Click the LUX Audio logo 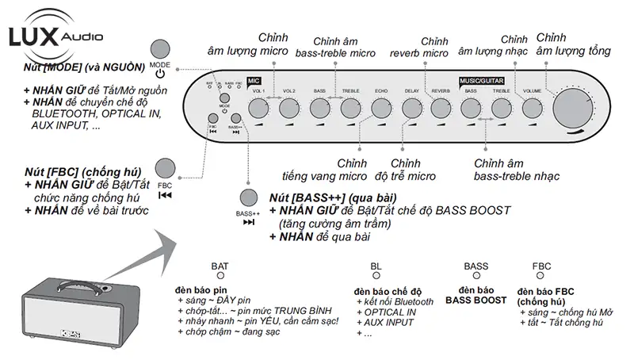click(52, 36)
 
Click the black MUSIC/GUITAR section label click(483, 81)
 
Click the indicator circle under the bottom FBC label click(542, 277)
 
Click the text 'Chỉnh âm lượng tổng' click(573, 45)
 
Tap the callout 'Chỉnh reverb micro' click(418, 47)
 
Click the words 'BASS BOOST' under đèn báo click(475, 301)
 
